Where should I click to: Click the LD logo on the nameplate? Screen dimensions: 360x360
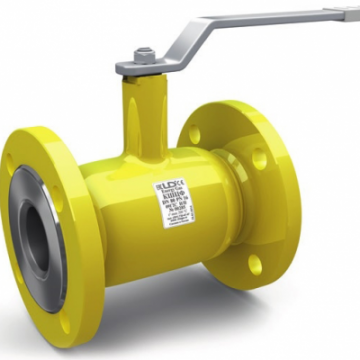tap(165, 188)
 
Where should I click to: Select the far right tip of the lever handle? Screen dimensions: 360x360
tap(352, 13)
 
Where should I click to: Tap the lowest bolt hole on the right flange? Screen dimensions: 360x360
tap(255, 264)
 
